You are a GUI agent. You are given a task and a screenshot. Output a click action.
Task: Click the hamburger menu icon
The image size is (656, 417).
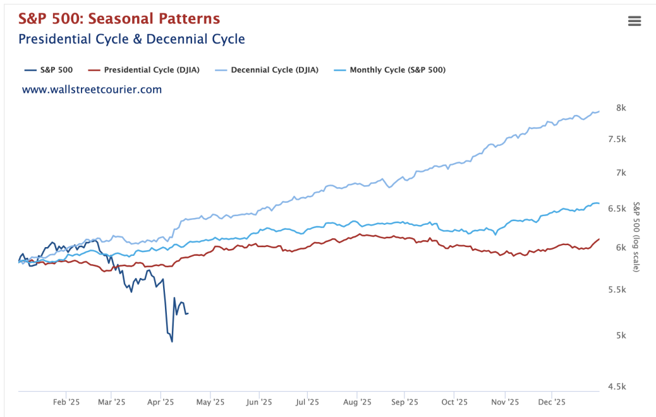635,21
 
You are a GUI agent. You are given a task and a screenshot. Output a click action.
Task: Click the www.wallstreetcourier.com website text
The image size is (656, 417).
92,90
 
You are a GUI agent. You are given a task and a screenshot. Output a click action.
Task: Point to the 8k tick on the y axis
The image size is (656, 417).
621,108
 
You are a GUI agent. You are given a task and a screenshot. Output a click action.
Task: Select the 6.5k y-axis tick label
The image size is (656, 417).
620,208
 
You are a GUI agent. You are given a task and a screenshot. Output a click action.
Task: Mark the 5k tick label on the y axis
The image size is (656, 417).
621,335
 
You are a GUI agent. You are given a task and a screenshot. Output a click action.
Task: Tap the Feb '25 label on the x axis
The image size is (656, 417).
66,402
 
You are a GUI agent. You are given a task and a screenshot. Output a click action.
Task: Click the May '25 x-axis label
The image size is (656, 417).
210,402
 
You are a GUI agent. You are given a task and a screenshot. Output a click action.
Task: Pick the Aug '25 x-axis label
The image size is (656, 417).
356,402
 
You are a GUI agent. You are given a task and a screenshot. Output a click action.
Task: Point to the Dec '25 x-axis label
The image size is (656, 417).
551,402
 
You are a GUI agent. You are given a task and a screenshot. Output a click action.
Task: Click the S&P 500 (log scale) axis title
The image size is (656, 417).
637,237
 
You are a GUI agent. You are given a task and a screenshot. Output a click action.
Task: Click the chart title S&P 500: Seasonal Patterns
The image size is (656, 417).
119,18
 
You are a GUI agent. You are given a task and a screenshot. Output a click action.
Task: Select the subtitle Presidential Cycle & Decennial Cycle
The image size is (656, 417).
131,39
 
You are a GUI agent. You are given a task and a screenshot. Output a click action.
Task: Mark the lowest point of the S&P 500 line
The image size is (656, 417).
172,342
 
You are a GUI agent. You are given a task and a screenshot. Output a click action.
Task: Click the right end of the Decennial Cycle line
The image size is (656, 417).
598,111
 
